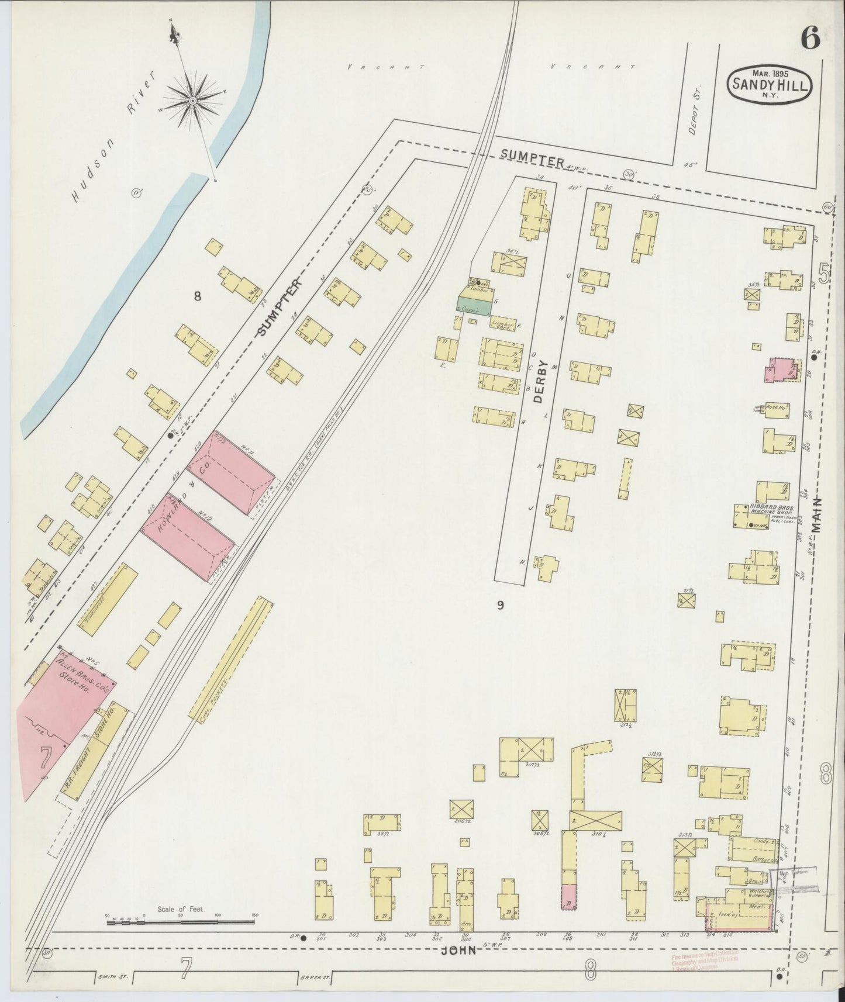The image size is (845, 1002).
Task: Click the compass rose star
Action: pyautogui.click(x=192, y=100)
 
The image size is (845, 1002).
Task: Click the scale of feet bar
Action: pyautogui.click(x=181, y=922)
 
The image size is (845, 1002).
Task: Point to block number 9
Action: pyautogui.click(x=501, y=605)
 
